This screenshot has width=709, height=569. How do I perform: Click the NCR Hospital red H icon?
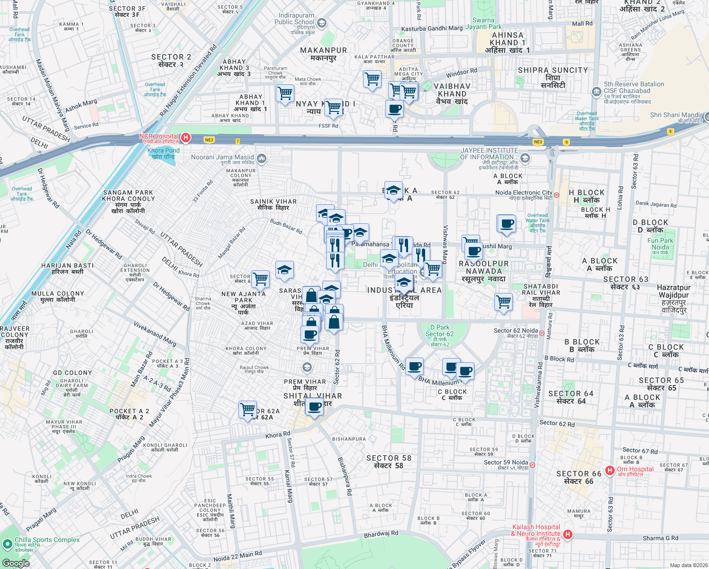(x=186, y=138)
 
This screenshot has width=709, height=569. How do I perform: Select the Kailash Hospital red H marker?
(x=568, y=535)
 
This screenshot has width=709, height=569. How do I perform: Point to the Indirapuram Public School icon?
(x=322, y=23)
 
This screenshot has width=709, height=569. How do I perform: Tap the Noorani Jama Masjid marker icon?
(x=262, y=158)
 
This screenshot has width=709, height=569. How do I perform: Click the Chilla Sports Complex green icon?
(x=7, y=544)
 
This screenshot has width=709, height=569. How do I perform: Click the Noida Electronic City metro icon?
(x=556, y=195)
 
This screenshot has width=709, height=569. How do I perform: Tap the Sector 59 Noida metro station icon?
(x=532, y=465)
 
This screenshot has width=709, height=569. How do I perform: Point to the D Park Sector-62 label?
(x=440, y=334)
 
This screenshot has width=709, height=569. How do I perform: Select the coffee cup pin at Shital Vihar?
(x=314, y=406)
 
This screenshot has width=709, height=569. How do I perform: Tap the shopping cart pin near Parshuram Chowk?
(x=285, y=93)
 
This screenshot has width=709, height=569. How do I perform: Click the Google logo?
(x=16, y=563)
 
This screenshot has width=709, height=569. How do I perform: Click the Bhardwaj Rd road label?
(x=381, y=534)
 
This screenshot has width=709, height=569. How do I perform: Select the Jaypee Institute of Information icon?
(x=524, y=158)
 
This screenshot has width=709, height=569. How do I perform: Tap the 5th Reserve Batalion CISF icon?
(x=596, y=91)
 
